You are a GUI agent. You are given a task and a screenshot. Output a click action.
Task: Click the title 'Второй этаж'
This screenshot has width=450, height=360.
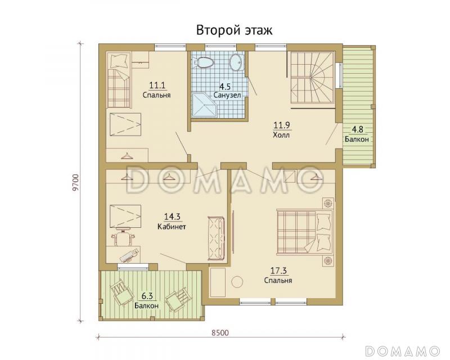[x=234, y=30]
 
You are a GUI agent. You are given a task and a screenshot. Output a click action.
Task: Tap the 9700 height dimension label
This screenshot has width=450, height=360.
[x=75, y=182]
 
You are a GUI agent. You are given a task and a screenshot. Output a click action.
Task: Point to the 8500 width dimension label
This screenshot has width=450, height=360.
[x=220, y=333]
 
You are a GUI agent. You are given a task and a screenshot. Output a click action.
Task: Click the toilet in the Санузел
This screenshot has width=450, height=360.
[x=204, y=62]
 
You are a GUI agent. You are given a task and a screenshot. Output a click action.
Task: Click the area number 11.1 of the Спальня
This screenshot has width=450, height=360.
[x=157, y=85]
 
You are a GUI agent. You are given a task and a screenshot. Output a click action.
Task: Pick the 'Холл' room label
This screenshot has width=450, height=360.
[x=282, y=134]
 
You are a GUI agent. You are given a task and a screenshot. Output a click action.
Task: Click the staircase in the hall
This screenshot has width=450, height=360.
[x=313, y=77]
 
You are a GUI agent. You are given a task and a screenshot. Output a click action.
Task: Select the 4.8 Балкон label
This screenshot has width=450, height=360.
[x=357, y=134]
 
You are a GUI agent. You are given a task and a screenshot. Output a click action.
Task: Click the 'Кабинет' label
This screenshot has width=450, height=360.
[x=172, y=227]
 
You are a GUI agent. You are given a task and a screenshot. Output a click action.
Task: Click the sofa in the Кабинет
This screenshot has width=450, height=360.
[x=216, y=238]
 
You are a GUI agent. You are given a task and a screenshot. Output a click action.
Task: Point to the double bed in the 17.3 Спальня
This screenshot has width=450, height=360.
[x=305, y=232]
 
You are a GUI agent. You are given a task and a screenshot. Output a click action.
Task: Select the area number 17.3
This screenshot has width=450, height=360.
[x=278, y=271]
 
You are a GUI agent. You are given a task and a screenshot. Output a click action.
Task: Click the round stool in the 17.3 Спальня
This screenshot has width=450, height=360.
[x=237, y=282]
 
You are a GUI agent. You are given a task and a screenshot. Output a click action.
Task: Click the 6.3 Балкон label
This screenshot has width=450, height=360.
[x=146, y=301]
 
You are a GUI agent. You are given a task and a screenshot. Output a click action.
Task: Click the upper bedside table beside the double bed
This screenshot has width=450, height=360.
[x=327, y=203]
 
